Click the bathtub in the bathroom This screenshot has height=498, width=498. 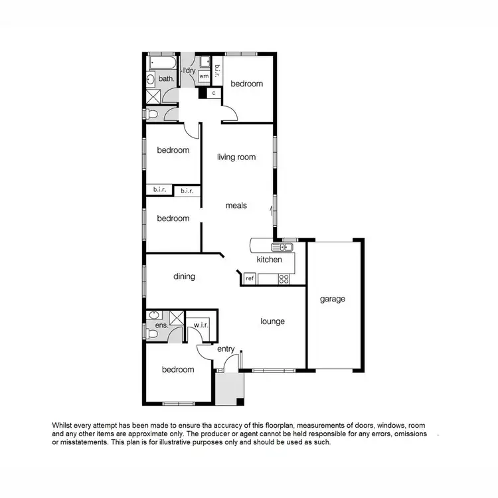[161, 64]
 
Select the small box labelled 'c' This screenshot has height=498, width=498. [214, 93]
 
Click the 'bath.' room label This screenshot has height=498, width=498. [166, 79]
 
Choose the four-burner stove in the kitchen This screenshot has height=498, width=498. [284, 279]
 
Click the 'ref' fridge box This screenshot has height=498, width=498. [250, 279]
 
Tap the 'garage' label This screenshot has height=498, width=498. [333, 299]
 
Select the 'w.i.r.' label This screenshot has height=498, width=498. [201, 325]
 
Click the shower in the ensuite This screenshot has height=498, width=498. [177, 316]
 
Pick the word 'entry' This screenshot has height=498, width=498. [226, 349]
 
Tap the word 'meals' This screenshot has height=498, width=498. [236, 206]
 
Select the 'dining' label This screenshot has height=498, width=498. [185, 276]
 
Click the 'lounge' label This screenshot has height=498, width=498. [272, 321]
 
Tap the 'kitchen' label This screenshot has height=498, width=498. [270, 260]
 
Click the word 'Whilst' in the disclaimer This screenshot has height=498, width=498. [62, 424]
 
